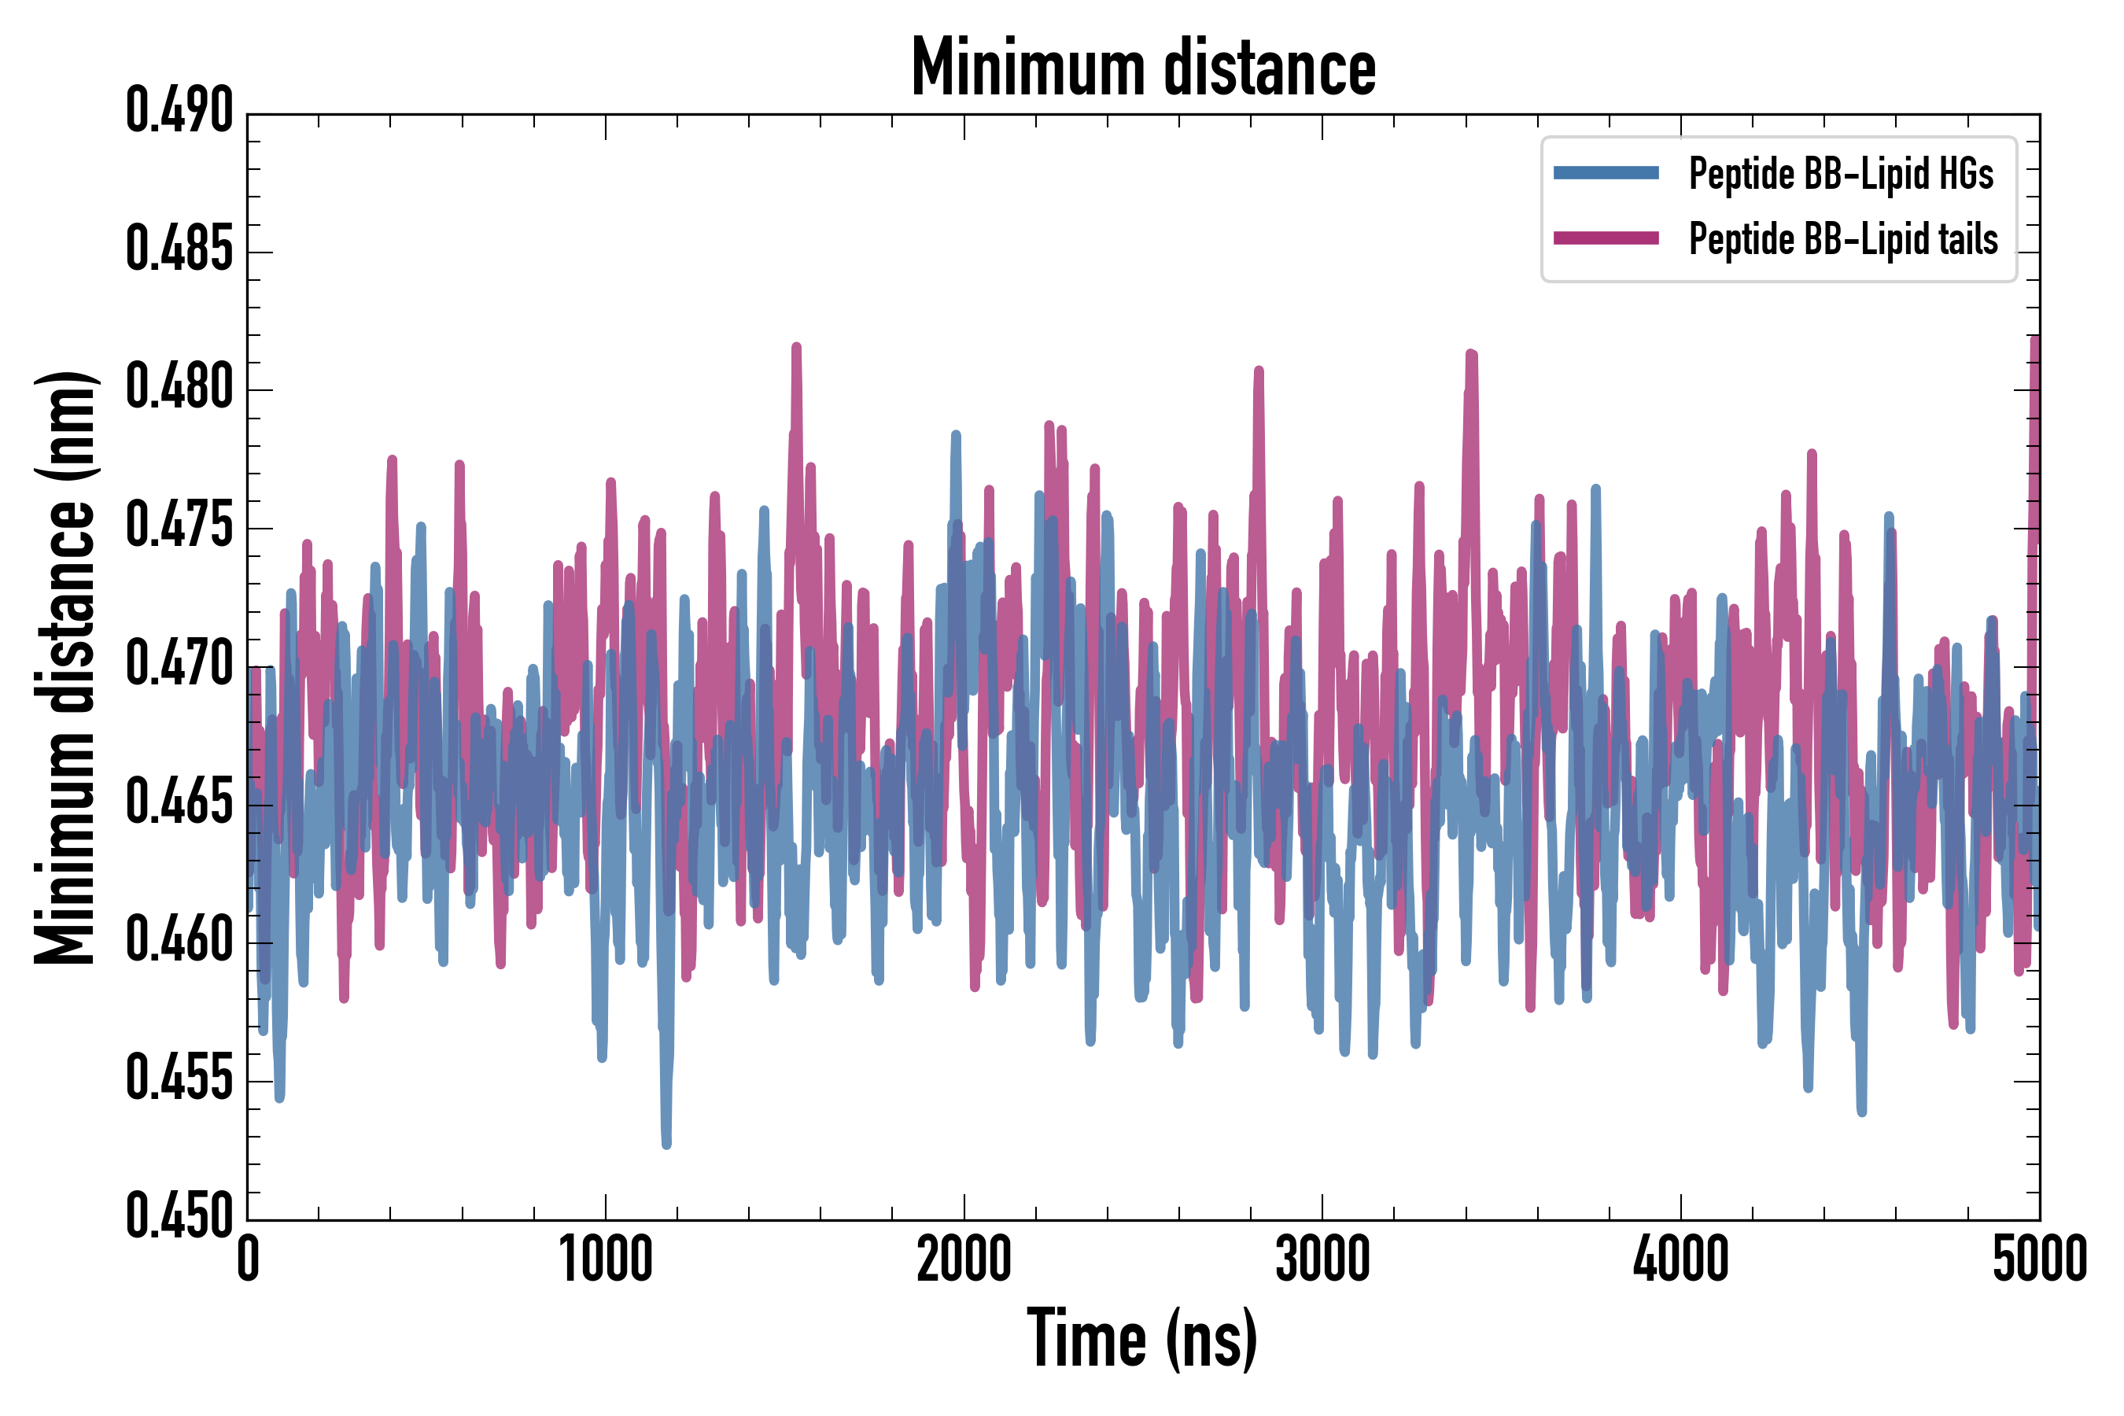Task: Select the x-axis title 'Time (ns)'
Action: (1142, 1339)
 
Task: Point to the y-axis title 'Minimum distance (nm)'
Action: (65, 667)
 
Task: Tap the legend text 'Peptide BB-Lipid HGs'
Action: (1841, 173)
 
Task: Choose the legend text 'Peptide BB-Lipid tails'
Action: (1843, 239)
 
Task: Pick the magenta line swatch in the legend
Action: (1606, 238)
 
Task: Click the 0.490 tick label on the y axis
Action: (179, 111)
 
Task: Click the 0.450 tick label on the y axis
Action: (179, 1216)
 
